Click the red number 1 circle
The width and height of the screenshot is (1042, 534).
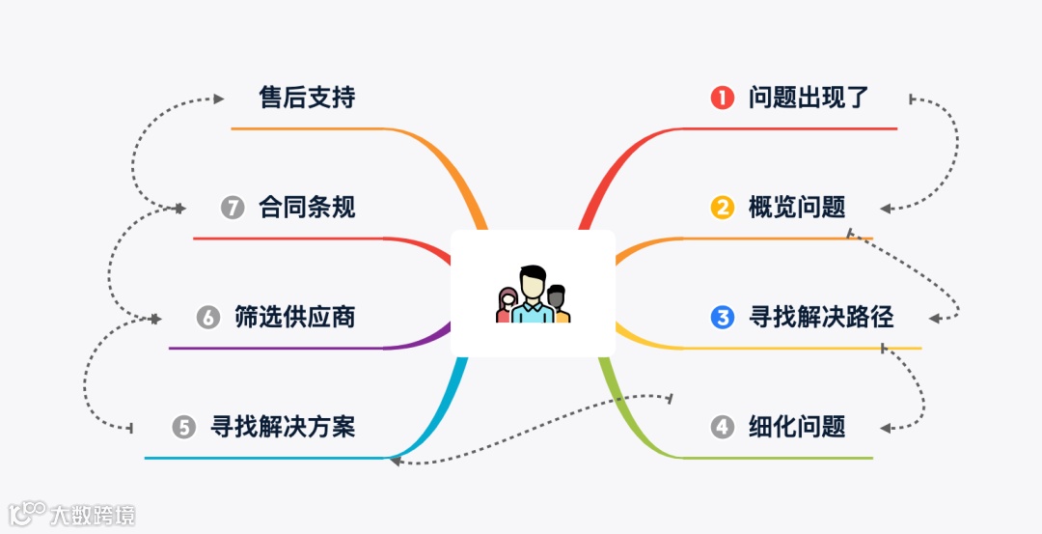point(723,98)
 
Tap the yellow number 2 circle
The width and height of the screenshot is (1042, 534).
point(723,207)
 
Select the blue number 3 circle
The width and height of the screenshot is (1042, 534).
point(723,317)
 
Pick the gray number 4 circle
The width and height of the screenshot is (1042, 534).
point(723,426)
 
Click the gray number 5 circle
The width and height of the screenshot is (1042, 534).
point(184,427)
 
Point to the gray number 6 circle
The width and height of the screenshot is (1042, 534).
point(208,317)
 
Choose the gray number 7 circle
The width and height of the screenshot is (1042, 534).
point(233,207)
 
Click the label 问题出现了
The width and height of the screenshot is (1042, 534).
point(809,98)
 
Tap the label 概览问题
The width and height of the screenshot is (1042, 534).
point(797,207)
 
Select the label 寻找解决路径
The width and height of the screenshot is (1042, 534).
point(821,317)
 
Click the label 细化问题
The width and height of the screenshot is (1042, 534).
point(797,426)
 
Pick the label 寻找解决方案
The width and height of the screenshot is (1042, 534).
point(283,427)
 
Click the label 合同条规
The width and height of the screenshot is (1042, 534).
point(307,207)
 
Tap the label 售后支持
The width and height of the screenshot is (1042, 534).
point(307,98)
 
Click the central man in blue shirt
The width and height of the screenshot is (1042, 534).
point(532,295)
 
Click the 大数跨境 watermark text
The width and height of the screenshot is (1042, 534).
point(93,515)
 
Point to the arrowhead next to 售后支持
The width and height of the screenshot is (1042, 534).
point(218,98)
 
